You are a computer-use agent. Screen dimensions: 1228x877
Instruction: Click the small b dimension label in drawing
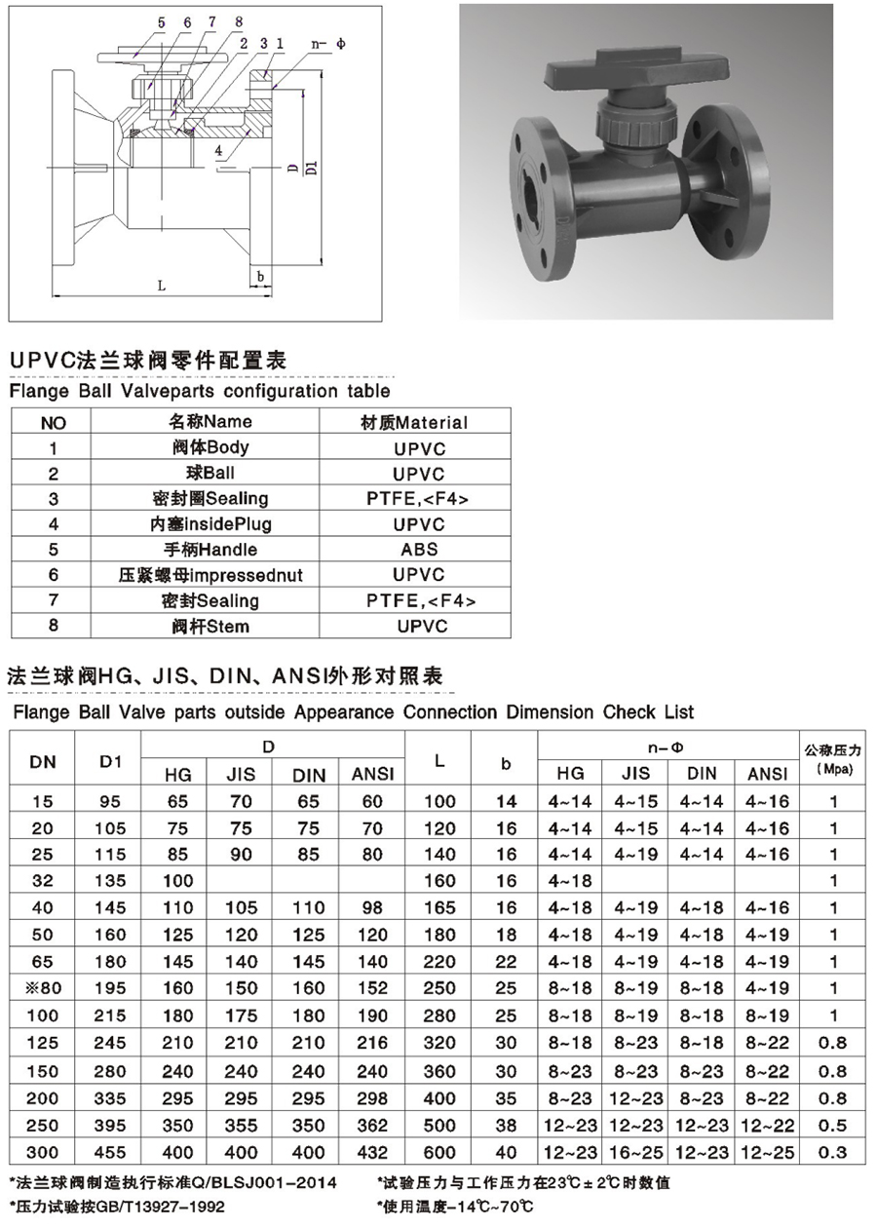click(260, 276)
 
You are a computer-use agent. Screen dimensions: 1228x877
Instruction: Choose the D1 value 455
click(112, 1152)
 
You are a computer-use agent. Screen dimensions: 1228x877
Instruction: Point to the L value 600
click(440, 1152)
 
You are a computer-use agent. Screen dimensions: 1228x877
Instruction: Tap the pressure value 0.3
click(833, 1152)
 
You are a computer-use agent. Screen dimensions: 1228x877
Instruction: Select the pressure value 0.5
click(833, 1125)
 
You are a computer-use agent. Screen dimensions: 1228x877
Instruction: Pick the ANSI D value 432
click(371, 1152)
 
